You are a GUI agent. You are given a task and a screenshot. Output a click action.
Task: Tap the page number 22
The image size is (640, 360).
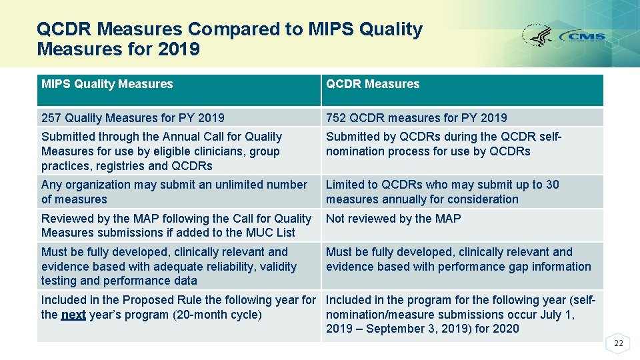[x=619, y=343]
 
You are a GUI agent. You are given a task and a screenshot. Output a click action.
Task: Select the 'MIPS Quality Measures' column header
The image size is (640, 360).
[x=107, y=84]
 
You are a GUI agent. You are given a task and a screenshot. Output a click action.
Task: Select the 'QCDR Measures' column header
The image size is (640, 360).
[x=373, y=84]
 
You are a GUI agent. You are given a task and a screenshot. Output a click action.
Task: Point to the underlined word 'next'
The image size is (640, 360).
[x=73, y=315]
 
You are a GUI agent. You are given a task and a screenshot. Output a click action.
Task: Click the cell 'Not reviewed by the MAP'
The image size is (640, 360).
[x=393, y=219]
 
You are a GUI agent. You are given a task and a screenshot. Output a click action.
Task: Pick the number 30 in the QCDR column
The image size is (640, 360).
[x=552, y=185]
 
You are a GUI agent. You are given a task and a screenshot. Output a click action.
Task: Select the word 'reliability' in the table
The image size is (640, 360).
[x=232, y=267]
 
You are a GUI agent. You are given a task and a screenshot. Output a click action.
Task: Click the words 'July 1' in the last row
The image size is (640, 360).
[x=558, y=315]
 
